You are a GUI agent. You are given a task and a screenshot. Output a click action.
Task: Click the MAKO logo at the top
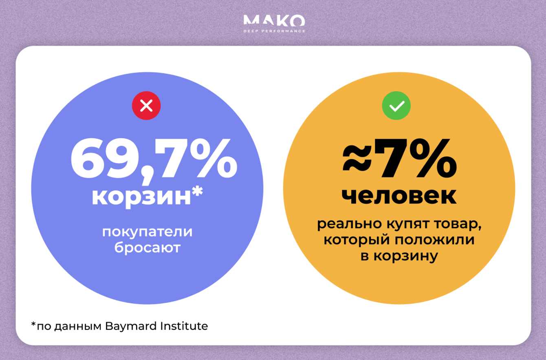[x=274, y=20]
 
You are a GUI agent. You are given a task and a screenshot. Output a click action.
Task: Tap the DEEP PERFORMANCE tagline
[x=274, y=31]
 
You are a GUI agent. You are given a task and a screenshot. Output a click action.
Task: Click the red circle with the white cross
[x=146, y=106]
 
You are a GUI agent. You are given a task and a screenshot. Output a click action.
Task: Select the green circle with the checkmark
[x=396, y=106]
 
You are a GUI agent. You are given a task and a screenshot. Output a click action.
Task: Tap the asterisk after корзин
[x=197, y=192]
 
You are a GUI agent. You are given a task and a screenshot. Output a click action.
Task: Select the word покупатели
[x=147, y=232]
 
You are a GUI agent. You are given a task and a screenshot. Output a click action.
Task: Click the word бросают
[x=148, y=247]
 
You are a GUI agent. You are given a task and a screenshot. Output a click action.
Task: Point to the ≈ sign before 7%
[x=357, y=157]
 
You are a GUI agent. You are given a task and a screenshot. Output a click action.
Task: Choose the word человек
[x=399, y=197]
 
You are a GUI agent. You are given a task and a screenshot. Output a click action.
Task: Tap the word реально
[x=349, y=224]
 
